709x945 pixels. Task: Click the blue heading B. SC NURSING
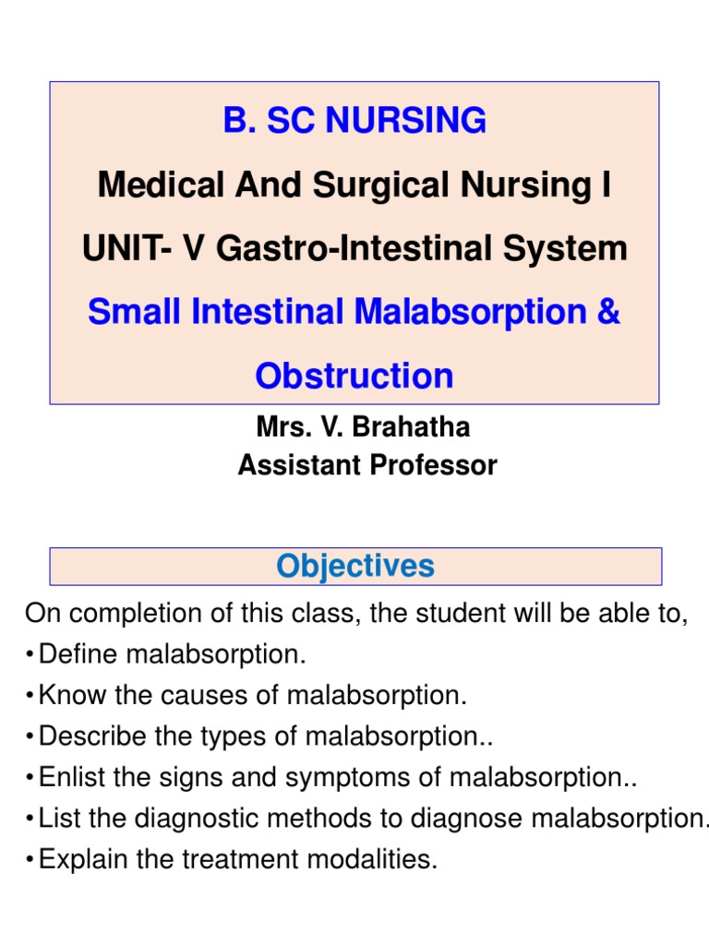coord(354,121)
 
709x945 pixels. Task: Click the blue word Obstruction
coord(354,376)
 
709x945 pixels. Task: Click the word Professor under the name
coord(434,466)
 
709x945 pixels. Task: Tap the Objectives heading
coord(355,566)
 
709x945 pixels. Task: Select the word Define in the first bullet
coord(79,655)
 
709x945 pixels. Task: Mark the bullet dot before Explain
coord(30,860)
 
